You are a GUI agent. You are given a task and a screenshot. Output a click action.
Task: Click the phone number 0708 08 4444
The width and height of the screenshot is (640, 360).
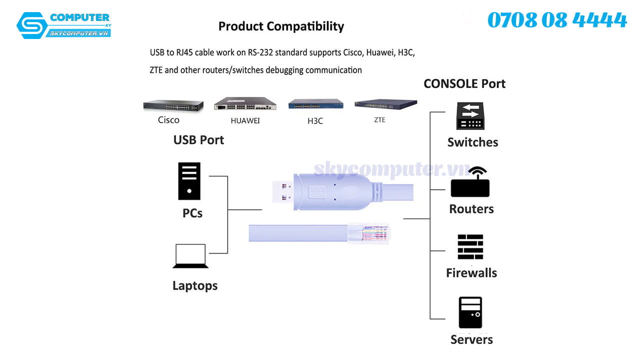(x=556, y=20)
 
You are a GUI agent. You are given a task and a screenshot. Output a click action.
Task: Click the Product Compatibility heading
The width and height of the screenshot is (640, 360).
(x=281, y=26)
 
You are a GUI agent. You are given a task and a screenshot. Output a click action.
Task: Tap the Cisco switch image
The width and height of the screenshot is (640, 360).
(x=173, y=105)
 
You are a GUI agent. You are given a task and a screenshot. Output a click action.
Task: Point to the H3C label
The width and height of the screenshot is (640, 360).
(x=315, y=120)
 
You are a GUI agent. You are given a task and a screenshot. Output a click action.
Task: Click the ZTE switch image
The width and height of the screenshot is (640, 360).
(x=385, y=104)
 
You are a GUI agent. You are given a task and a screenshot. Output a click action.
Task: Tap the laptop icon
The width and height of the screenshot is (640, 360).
(x=190, y=256)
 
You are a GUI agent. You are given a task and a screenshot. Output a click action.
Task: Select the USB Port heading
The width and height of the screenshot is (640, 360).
(x=198, y=140)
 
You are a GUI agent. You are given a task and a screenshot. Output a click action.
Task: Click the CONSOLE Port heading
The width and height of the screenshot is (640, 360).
(x=464, y=83)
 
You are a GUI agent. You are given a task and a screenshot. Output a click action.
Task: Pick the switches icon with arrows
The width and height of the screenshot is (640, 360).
(x=470, y=116)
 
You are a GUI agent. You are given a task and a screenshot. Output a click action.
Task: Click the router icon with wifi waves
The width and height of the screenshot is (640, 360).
(x=470, y=183)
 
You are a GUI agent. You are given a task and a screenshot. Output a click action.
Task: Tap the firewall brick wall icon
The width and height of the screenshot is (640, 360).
(x=470, y=247)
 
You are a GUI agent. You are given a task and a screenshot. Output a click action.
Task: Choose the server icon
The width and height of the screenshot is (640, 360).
(x=470, y=312)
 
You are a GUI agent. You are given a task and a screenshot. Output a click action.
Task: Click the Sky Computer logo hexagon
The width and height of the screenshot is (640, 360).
(x=31, y=25)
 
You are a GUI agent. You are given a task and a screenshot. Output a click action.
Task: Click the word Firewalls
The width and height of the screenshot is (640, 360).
(x=471, y=273)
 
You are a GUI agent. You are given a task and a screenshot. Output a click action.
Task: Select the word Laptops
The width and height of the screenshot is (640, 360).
(x=195, y=286)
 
